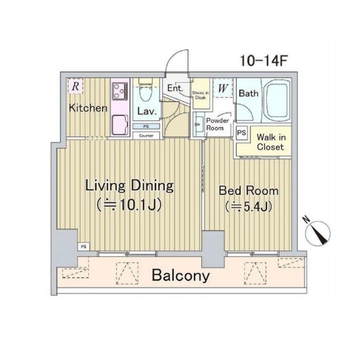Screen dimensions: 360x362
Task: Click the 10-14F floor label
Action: tap(263, 61)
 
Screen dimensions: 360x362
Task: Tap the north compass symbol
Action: tap(318, 232)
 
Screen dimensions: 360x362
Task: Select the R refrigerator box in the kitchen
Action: tap(75, 86)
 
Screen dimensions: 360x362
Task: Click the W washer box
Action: tap(223, 88)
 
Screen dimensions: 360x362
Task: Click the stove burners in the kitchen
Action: tap(119, 91)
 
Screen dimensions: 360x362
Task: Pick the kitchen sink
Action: tap(120, 125)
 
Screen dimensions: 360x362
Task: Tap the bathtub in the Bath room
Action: tap(277, 101)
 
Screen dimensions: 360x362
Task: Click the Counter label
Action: tap(146, 135)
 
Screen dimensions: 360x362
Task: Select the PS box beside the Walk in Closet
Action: tap(241, 133)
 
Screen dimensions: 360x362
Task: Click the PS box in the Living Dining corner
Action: tap(84, 246)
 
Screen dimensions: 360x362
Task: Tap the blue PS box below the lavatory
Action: tap(146, 126)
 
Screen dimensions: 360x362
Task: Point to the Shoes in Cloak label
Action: tap(201, 95)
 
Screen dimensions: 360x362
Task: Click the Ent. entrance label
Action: tap(175, 88)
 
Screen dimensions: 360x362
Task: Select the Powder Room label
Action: tap(217, 124)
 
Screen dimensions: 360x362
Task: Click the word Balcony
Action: tap(181, 276)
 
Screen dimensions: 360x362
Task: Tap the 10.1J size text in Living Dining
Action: tap(129, 205)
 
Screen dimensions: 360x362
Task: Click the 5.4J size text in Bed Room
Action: tap(248, 206)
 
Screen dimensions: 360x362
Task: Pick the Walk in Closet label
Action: tap(271, 142)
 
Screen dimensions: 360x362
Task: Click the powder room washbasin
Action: tap(198, 124)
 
